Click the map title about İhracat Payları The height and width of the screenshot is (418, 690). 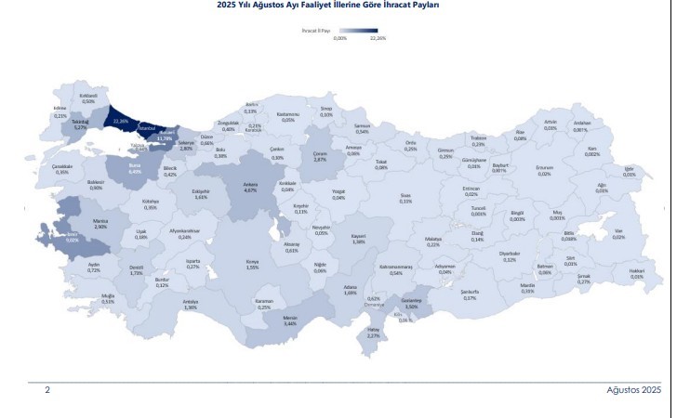click(343, 6)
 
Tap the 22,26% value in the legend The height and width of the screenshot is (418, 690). click(378, 39)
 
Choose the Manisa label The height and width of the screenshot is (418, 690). click(100, 221)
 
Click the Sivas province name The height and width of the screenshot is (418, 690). click(405, 196)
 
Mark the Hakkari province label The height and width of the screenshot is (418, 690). click(636, 270)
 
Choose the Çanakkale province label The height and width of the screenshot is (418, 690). click(62, 168)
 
